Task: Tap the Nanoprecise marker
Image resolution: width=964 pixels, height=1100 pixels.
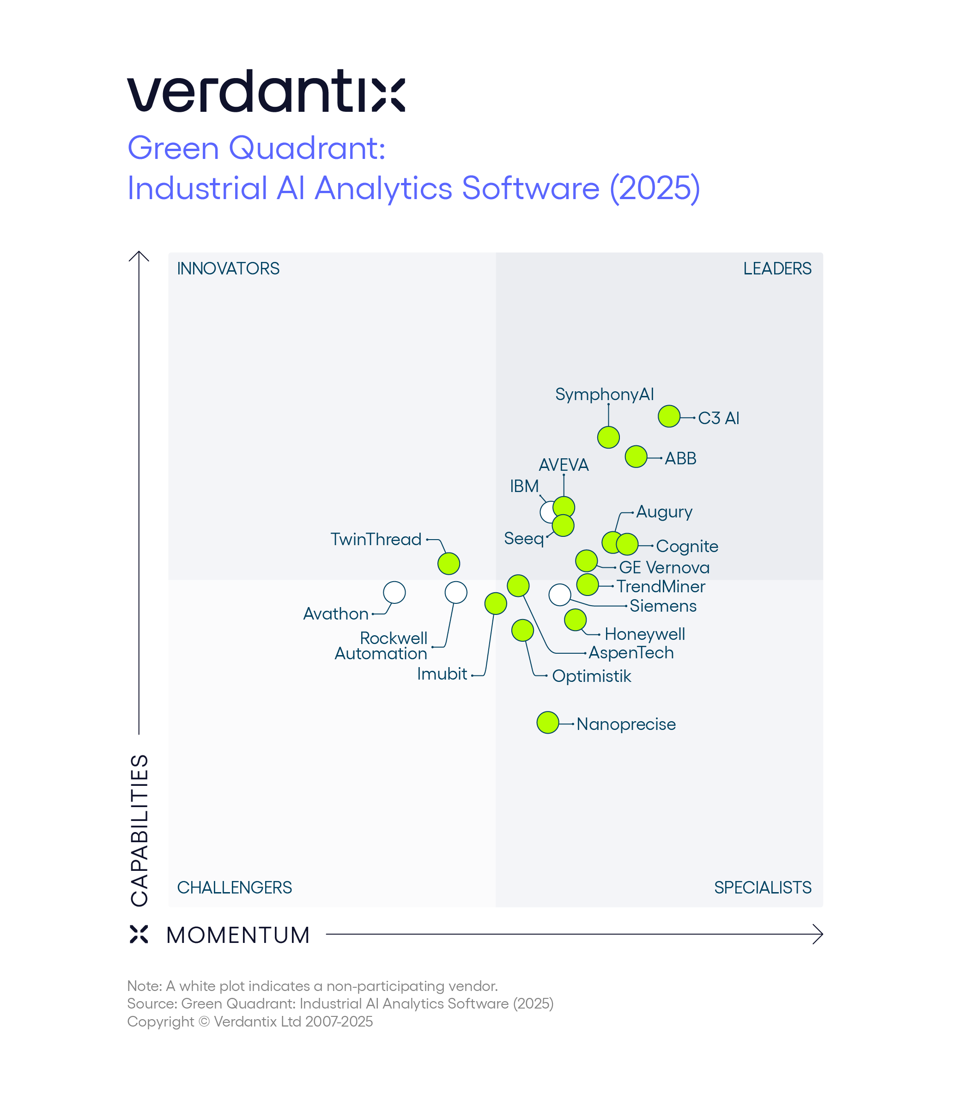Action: pos(548,723)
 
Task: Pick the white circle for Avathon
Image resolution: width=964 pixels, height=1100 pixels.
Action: pos(394,592)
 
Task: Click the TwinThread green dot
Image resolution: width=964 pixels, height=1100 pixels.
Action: pos(449,563)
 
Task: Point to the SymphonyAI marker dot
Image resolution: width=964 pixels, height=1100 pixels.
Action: pos(608,438)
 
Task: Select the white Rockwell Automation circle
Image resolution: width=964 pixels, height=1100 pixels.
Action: pos(456,592)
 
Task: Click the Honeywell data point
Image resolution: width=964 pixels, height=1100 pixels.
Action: pos(575,620)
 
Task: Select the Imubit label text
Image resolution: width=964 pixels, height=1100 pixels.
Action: pos(442,674)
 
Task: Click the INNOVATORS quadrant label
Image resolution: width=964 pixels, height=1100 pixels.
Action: pos(228,268)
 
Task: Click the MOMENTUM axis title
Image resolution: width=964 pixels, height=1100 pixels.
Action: pos(238,935)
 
